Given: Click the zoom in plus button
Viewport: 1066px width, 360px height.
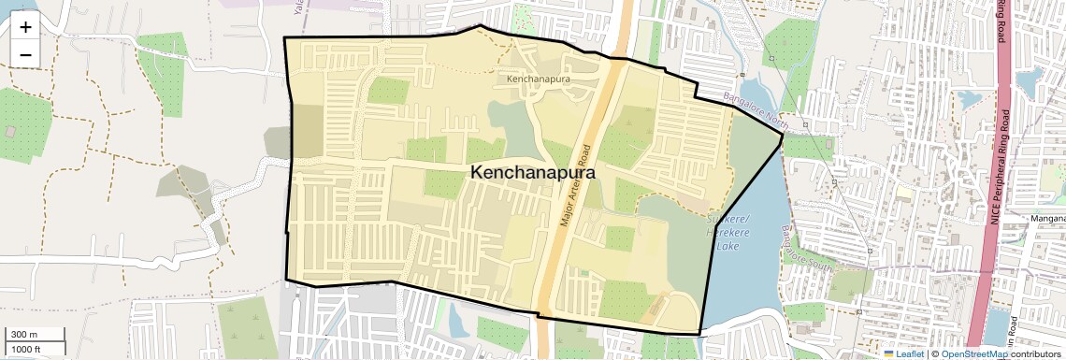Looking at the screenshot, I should tap(25, 27).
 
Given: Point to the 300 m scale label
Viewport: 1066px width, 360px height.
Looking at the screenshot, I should tap(24, 335).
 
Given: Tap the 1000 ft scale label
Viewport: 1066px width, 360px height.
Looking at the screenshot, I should tap(26, 349).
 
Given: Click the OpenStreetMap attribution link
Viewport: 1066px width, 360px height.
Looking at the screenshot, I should tap(973, 354).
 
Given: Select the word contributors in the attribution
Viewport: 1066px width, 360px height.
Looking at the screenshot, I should tap(1036, 354).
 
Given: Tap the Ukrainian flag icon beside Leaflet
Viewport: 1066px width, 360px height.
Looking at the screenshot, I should tap(889, 354).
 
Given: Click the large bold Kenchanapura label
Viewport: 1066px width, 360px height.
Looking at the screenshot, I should tap(532, 173).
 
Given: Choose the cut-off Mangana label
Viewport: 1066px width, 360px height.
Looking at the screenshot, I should tap(1047, 219).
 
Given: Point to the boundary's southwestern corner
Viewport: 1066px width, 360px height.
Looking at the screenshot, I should tap(285, 279).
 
